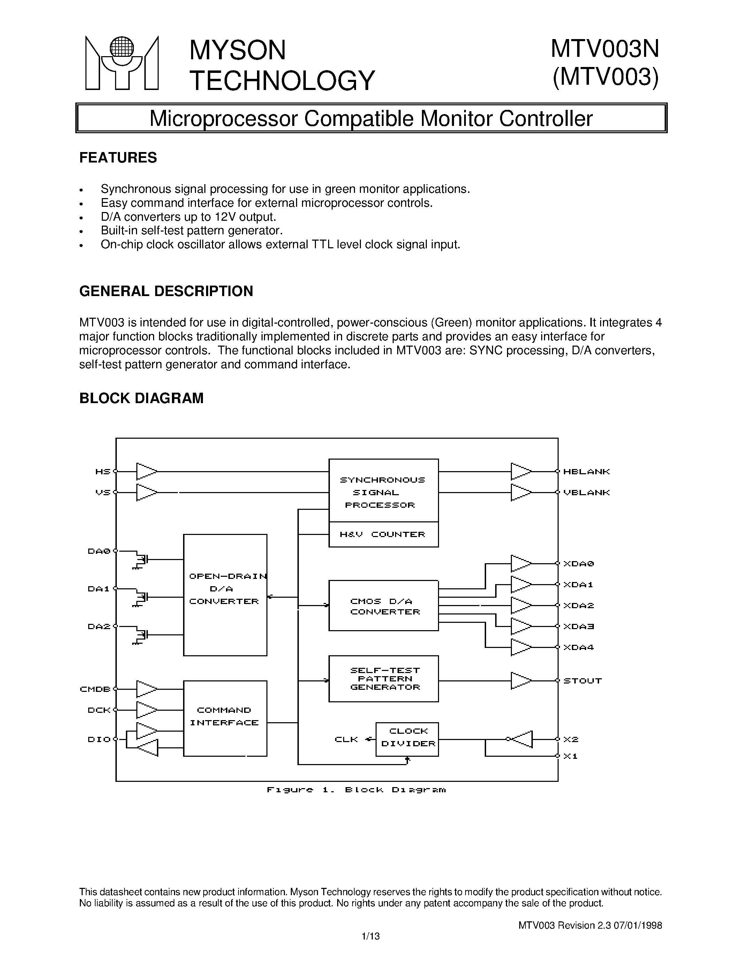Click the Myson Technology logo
[x=122, y=63]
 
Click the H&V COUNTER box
[x=383, y=534]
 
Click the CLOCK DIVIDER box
[x=407, y=739]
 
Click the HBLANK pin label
[x=587, y=471]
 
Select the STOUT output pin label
[x=582, y=681]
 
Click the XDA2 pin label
[x=579, y=605]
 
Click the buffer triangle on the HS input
[x=146, y=471]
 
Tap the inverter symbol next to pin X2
[x=522, y=739]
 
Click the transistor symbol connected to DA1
[x=141, y=598]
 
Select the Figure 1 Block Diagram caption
[x=356, y=790]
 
